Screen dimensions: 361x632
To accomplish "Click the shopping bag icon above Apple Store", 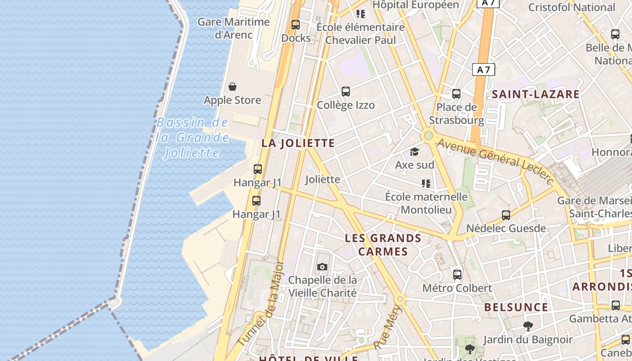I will tap(232, 86).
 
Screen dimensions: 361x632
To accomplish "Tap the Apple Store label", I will tap(232, 100).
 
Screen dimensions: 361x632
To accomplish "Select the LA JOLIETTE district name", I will tap(298, 143).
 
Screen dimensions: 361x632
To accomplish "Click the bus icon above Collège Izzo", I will tap(346, 92).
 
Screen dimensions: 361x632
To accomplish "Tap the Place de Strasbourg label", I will tap(456, 114).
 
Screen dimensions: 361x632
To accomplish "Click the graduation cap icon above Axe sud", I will tap(414, 152).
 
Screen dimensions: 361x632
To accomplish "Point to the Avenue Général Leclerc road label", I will tap(495, 160).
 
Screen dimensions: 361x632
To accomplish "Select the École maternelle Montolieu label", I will tap(426, 203).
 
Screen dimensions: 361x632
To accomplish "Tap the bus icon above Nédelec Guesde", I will tap(506, 215).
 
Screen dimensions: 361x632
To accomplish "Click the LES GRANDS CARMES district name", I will tap(383, 245).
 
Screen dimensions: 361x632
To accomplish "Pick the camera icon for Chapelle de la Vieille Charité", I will tap(322, 267).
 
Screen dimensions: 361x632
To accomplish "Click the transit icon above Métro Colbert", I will tap(457, 274).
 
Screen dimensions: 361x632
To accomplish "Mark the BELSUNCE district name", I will tap(516, 307).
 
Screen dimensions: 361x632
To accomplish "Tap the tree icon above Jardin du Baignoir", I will tap(528, 326).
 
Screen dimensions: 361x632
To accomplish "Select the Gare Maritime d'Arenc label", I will tap(233, 28).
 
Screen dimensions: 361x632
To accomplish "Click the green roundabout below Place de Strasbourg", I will tap(428, 135).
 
